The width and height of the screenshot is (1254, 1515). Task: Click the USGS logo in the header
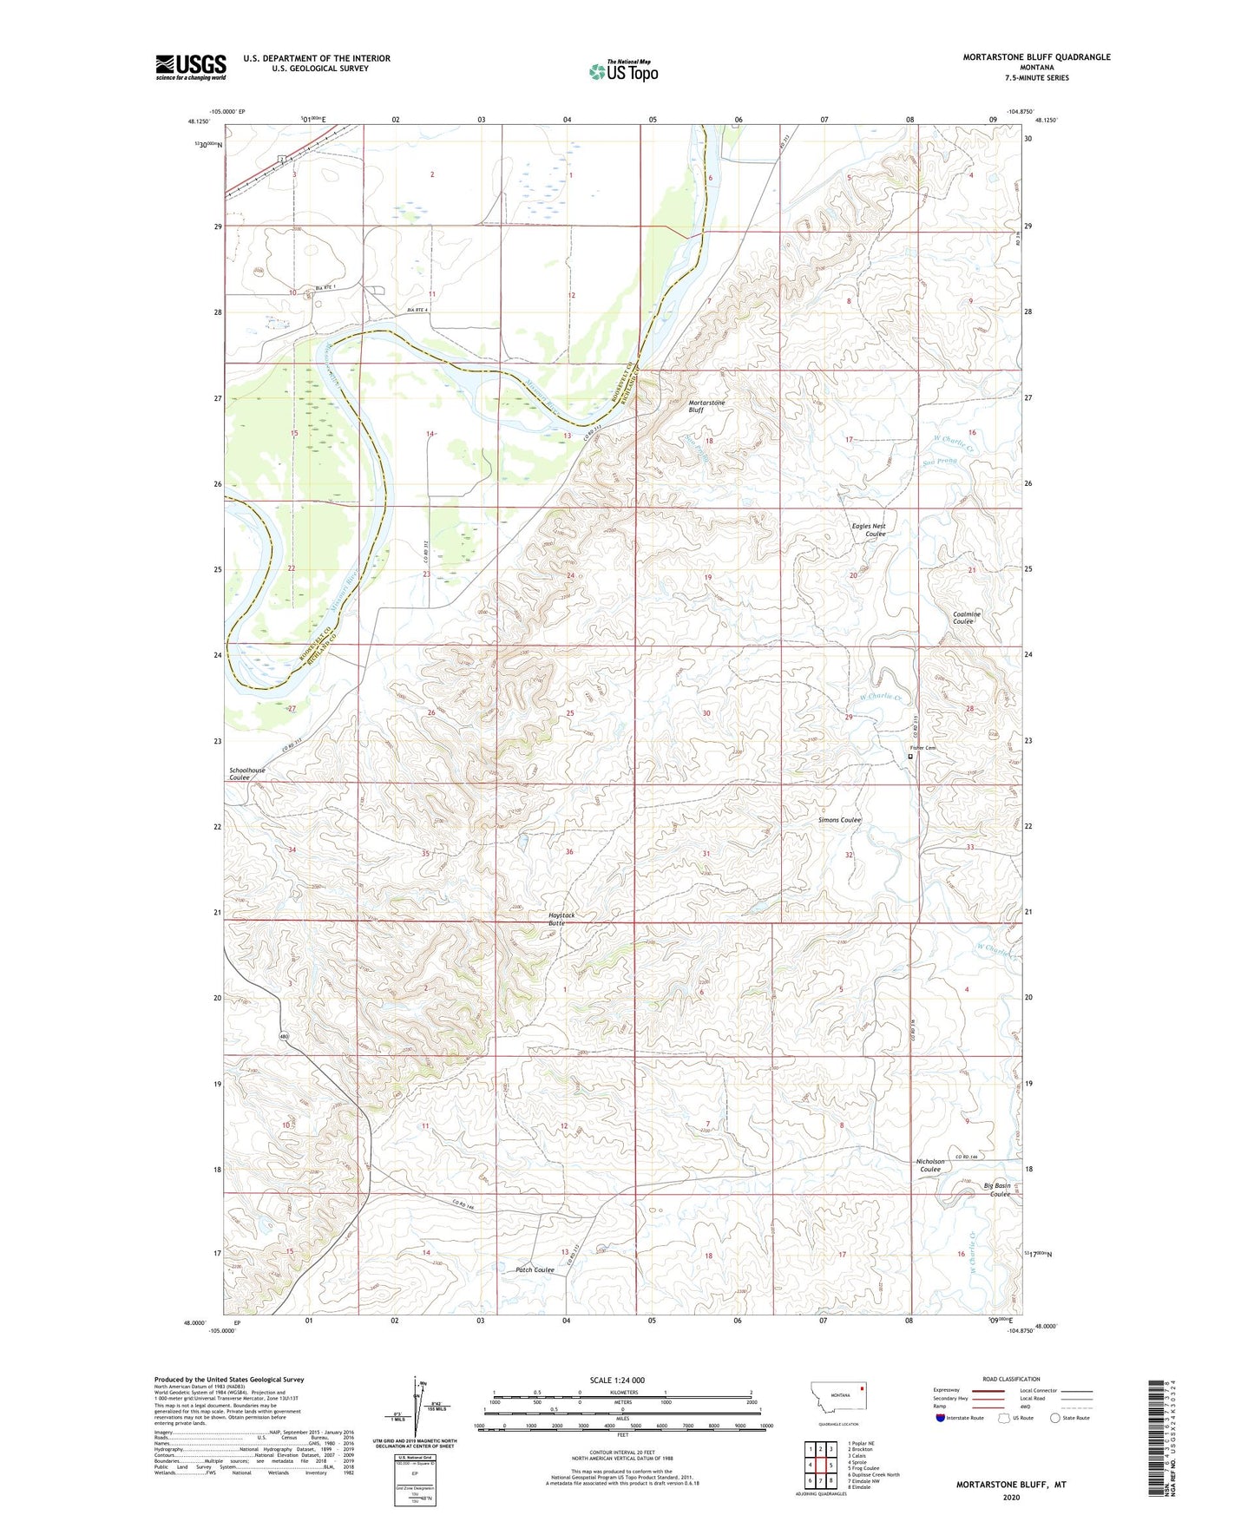pyautogui.click(x=191, y=67)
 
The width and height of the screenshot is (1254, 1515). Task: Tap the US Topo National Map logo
pyautogui.click(x=623, y=70)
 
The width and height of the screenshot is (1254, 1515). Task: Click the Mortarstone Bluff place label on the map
pyautogui.click(x=706, y=406)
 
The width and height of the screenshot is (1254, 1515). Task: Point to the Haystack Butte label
pyautogui.click(x=561, y=919)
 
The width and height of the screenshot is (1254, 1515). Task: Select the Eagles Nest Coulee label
pyautogui.click(x=868, y=530)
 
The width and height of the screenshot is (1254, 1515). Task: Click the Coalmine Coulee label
pyautogui.click(x=966, y=618)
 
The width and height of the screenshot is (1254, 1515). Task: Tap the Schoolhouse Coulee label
pyautogui.click(x=247, y=774)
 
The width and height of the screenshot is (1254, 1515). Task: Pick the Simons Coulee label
pyautogui.click(x=839, y=820)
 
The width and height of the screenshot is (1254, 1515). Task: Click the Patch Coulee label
pyautogui.click(x=535, y=1270)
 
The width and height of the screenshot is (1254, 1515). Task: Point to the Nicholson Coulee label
pyautogui.click(x=929, y=1165)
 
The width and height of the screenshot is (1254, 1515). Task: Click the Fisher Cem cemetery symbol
pyautogui.click(x=909, y=757)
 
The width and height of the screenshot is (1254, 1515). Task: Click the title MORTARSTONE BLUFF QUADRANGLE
pyautogui.click(x=1035, y=57)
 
